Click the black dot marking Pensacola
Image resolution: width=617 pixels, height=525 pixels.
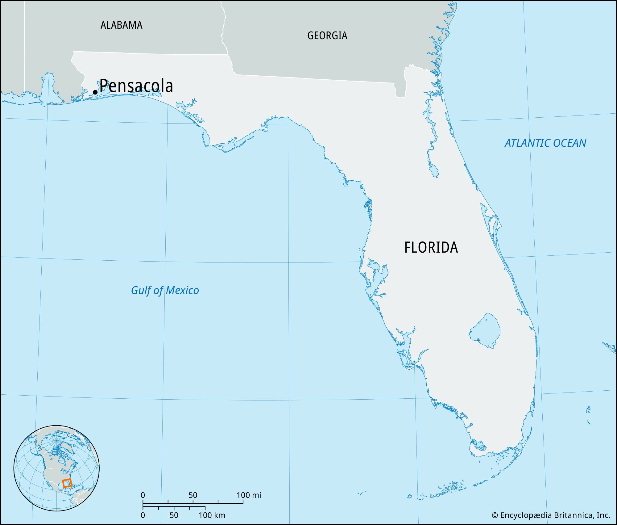(95, 92)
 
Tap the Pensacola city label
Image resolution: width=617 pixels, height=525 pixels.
(136, 86)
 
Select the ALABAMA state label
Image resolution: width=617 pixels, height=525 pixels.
(121, 25)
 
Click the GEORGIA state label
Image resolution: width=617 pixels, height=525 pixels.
(327, 36)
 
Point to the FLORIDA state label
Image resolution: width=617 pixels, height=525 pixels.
(431, 248)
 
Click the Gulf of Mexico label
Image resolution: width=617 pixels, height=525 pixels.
(165, 290)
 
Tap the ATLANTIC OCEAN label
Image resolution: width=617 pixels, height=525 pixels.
(545, 143)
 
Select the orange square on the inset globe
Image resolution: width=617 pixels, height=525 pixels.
(67, 483)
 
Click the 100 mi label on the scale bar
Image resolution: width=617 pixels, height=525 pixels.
(249, 495)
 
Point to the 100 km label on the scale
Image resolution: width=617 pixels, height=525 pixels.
(212, 515)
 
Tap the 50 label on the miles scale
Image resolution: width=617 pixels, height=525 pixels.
(193, 495)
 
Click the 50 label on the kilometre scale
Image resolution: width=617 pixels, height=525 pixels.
(174, 515)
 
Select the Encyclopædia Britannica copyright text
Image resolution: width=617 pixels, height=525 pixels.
(551, 515)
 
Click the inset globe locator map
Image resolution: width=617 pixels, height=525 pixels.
(56, 468)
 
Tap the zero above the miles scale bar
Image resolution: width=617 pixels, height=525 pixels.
(143, 495)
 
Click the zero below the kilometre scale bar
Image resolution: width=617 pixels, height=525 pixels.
(143, 515)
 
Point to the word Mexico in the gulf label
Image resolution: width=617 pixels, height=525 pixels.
(182, 290)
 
